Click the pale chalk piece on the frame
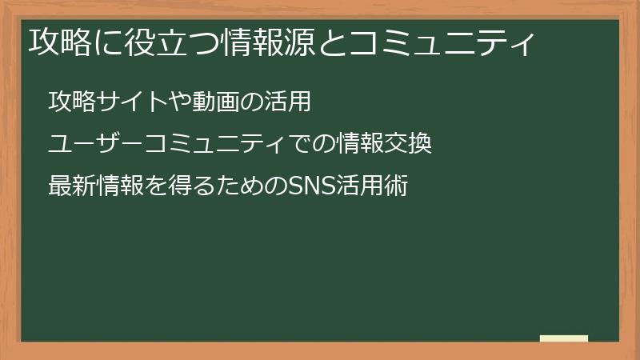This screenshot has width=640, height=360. pyautogui.click(x=564, y=339)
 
